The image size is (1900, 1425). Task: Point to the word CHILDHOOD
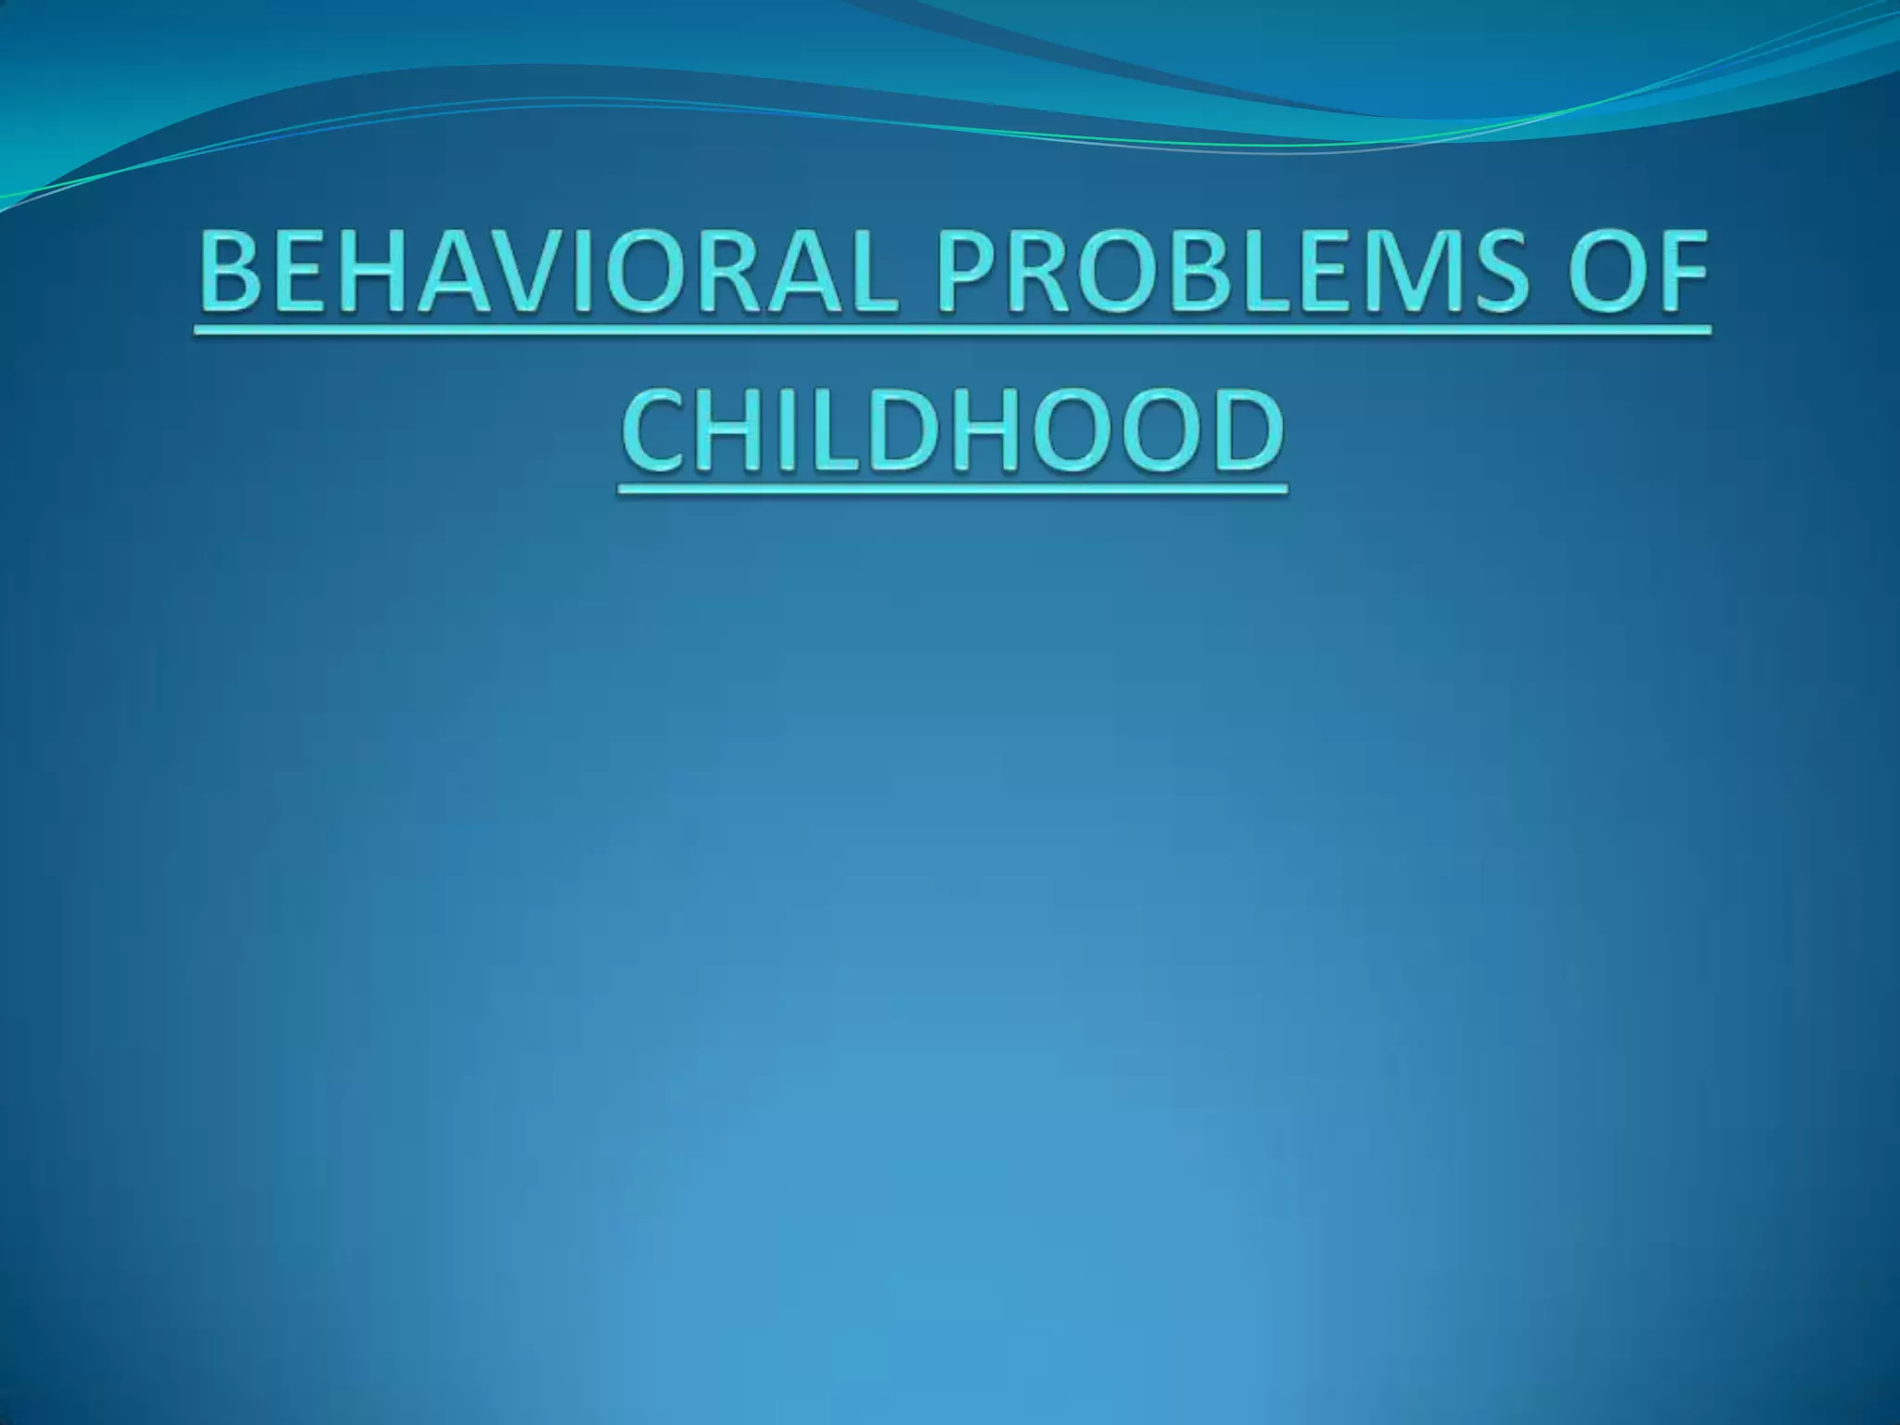pyautogui.click(x=953, y=430)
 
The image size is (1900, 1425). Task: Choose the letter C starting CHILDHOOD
pyautogui.click(x=655, y=430)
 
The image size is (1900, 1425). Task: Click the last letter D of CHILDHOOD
pyautogui.click(x=1248, y=430)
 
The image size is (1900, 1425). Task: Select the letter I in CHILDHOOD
pyautogui.click(x=776, y=430)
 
